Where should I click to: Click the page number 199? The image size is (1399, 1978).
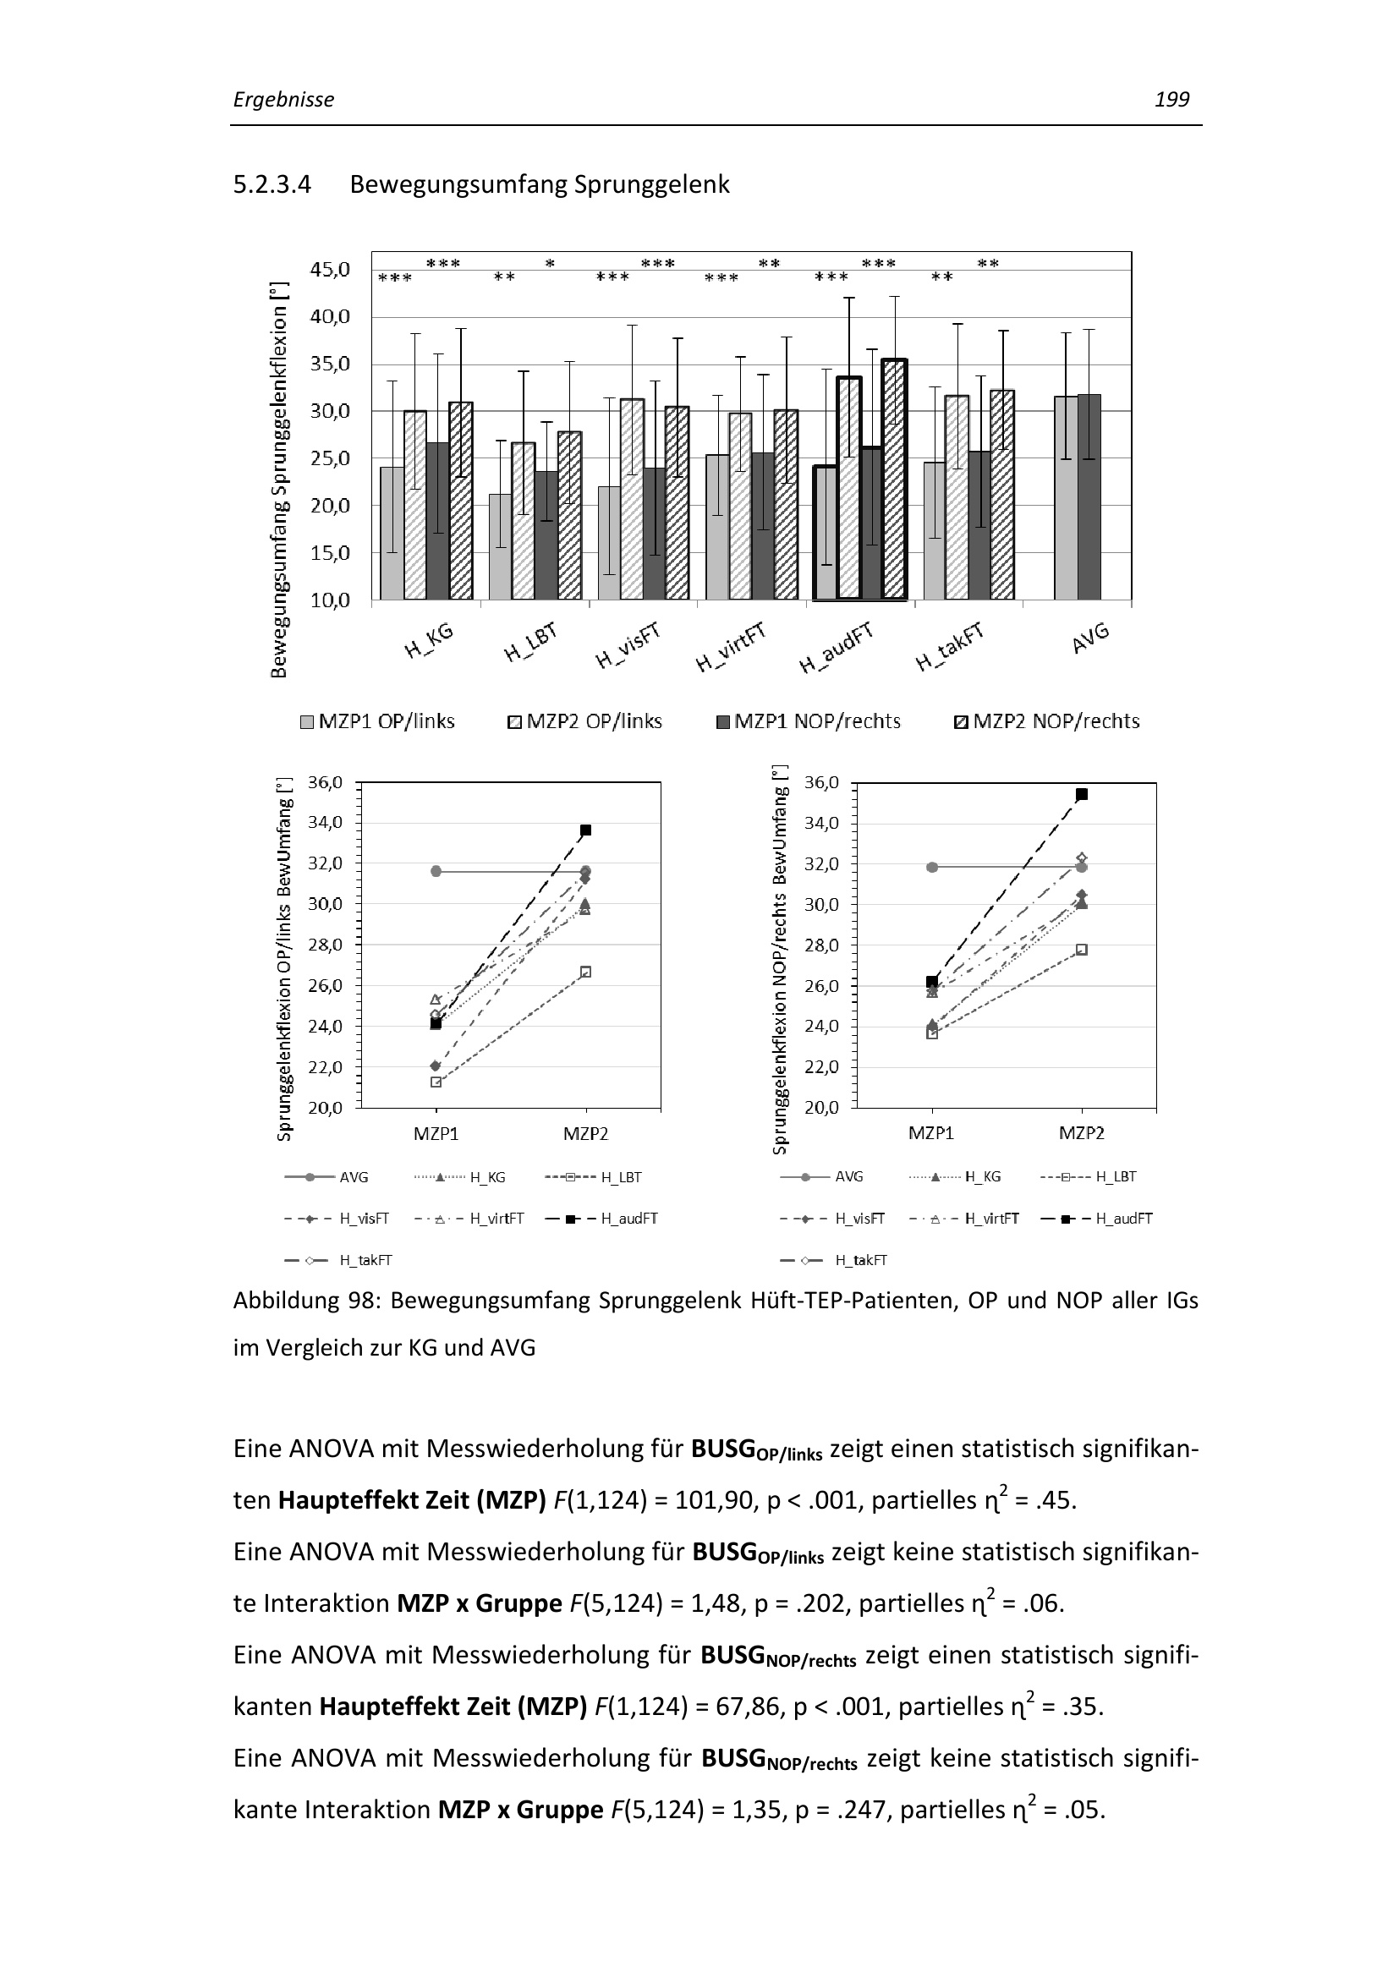pos(1171,100)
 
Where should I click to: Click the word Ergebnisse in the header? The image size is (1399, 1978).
pos(283,100)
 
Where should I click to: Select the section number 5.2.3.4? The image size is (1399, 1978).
pos(272,184)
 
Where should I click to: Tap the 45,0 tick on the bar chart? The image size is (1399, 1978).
pos(330,270)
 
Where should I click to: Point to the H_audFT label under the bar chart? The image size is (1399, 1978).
pos(836,648)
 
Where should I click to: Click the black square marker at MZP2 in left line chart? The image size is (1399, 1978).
pos(586,830)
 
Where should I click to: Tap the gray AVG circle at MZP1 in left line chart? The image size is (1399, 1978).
pos(436,871)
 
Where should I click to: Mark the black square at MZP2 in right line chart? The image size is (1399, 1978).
pos(1082,794)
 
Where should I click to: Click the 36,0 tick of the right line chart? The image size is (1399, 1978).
pos(820,783)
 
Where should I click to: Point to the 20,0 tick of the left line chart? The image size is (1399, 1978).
pos(325,1107)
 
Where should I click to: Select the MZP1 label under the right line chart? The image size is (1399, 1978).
pos(931,1133)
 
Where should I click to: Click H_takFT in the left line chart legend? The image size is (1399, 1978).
pos(365,1260)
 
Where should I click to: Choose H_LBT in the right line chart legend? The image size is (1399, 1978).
pos(1116,1177)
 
